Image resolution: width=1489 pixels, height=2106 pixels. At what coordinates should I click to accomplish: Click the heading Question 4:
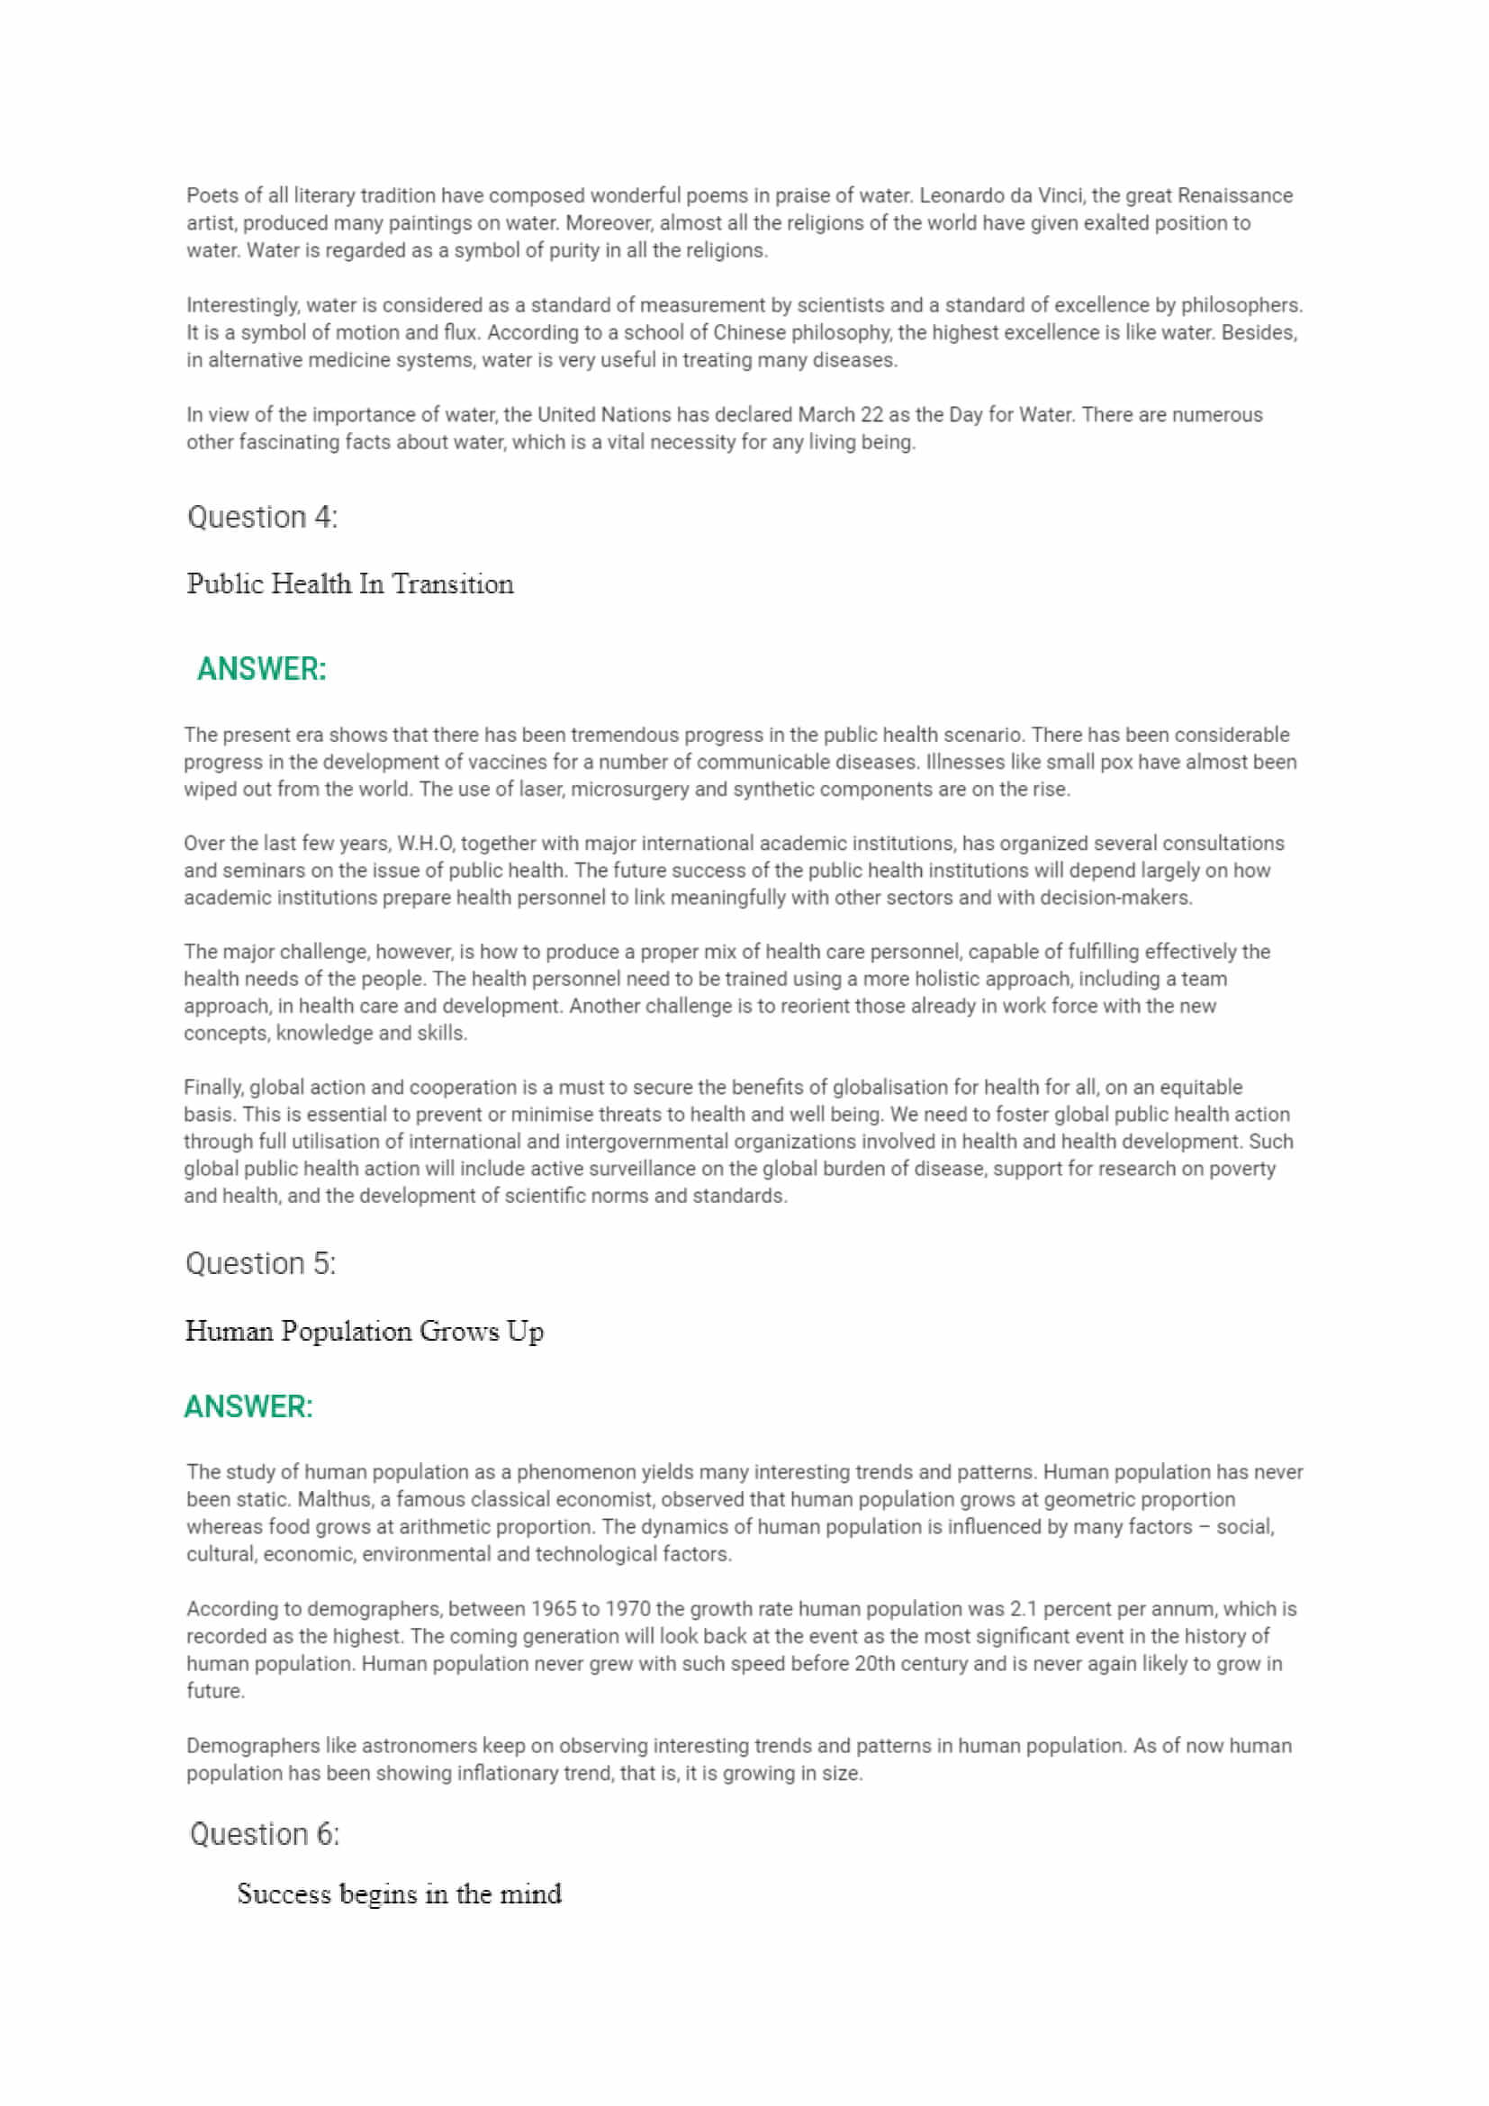tap(262, 518)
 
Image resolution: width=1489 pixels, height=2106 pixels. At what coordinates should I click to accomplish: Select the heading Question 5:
tap(260, 1264)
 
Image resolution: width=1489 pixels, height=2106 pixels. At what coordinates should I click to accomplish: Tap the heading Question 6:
tap(264, 1833)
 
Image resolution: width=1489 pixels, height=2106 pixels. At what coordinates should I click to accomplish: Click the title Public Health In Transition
tap(350, 584)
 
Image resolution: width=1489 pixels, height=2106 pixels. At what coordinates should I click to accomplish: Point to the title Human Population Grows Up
tap(364, 1331)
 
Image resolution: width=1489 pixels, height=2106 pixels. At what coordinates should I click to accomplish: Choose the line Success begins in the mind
tap(399, 1894)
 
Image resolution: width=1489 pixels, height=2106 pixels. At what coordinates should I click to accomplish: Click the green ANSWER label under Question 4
tap(261, 670)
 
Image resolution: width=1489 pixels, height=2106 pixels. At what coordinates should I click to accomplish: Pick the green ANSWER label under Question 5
tap(248, 1407)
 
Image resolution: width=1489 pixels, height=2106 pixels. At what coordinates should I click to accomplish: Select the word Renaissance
tap(1234, 195)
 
